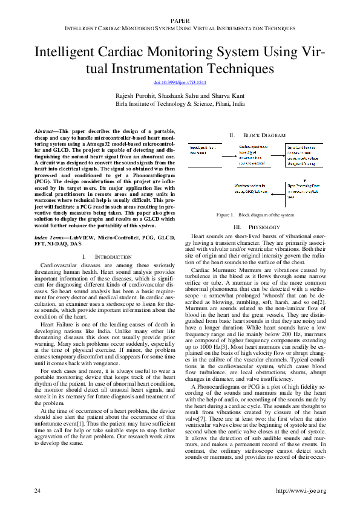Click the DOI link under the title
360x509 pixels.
pos(180,82)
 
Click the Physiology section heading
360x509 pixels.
pos(258,227)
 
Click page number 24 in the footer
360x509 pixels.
pos(37,489)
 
